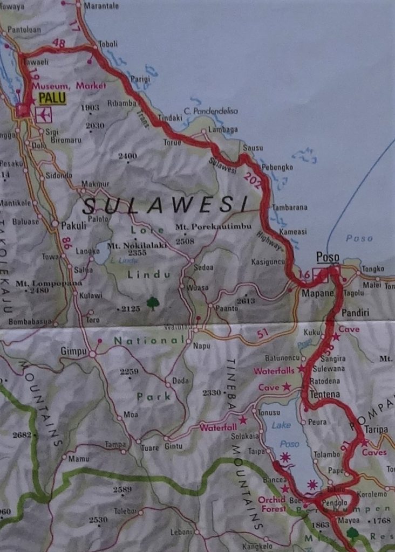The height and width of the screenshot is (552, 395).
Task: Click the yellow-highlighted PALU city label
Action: (52, 98)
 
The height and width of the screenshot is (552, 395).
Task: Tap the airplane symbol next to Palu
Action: (43, 114)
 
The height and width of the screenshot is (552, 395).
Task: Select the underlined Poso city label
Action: (328, 257)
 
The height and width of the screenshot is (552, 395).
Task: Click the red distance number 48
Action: (59, 43)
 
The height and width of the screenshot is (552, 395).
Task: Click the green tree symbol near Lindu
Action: (153, 303)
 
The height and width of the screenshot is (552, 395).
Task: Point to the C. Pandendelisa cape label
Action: (210, 111)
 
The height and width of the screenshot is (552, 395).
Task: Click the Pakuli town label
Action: (73, 226)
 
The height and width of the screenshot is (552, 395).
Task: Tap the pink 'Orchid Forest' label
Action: (272, 503)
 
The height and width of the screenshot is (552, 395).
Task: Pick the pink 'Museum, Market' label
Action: (69, 86)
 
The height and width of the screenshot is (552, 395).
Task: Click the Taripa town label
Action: (376, 429)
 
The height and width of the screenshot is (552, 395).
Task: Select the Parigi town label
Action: (140, 79)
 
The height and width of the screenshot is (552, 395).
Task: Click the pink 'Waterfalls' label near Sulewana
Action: (274, 370)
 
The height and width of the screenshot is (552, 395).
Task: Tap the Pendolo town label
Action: (335, 502)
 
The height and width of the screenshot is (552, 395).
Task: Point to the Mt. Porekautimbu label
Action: (214, 227)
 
